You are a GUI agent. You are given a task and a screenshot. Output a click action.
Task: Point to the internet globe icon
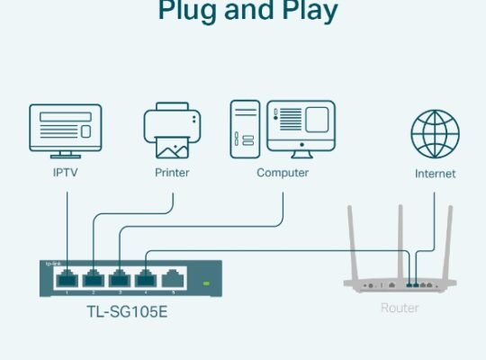tap(435, 133)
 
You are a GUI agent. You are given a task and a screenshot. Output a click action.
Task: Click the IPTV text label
tap(66, 173)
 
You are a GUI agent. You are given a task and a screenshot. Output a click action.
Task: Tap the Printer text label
tap(171, 173)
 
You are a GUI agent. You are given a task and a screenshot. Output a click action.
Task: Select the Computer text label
tap(282, 173)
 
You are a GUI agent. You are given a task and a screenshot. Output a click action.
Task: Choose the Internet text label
tap(435, 174)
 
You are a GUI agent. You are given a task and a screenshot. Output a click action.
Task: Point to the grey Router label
tap(399, 308)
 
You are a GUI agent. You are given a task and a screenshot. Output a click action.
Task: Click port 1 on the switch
tap(66, 278)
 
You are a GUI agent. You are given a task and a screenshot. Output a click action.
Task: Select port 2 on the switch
tap(93, 278)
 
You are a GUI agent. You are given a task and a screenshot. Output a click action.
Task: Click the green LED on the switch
tap(206, 283)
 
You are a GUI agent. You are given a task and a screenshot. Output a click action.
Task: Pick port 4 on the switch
tap(146, 278)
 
